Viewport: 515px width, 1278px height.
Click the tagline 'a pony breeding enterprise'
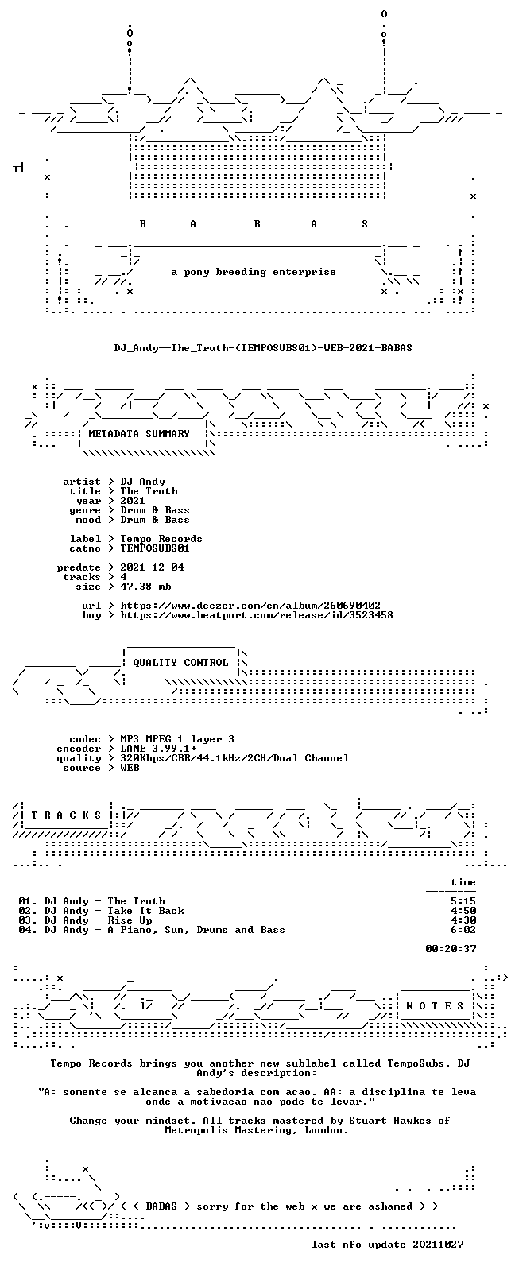254,272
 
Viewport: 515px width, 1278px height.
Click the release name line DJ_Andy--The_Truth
263,348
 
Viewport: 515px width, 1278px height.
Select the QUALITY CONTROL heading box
180,662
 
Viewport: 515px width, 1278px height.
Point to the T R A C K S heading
66,815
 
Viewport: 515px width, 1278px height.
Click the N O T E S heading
436,1006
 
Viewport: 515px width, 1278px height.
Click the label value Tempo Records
161,539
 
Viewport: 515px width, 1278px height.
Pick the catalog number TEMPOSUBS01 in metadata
154,549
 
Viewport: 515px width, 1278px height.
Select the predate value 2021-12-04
152,567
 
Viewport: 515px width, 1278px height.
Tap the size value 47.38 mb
145,587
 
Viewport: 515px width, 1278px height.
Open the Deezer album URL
250,606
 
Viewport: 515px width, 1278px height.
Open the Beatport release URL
257,616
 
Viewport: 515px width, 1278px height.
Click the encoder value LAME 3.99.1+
158,749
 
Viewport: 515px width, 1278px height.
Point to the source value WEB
130,768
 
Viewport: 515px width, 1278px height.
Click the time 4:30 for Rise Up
463,920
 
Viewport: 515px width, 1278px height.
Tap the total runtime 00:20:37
451,949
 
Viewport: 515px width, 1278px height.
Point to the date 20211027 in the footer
438,1245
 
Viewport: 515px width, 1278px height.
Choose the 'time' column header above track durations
463,883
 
